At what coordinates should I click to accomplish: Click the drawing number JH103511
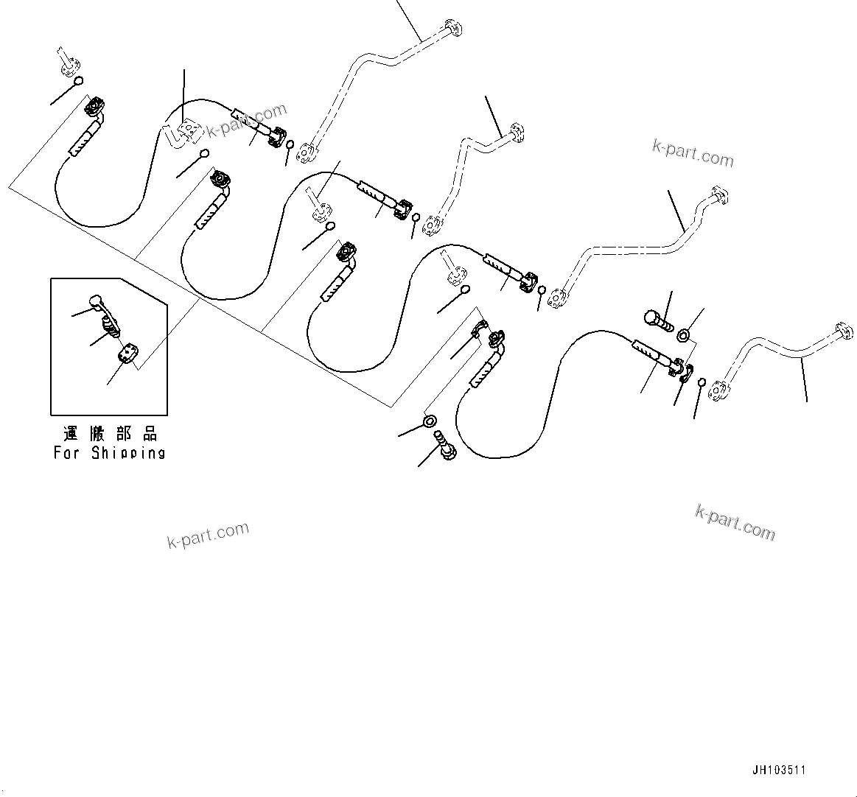coord(779,770)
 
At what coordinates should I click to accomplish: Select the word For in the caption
coord(66,453)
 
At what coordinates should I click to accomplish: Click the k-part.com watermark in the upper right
coord(693,152)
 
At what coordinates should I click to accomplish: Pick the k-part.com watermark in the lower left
coord(209,536)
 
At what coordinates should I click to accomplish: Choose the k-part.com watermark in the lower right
coord(735,523)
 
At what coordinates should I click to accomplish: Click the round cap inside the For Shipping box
coord(95,300)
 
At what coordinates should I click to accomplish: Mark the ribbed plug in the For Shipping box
coord(109,324)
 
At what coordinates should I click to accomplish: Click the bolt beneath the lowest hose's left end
coord(446,446)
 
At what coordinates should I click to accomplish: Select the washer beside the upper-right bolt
coord(684,336)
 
